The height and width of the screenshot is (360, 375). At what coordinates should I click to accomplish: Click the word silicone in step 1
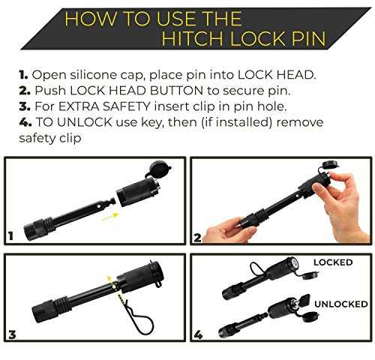click(93, 75)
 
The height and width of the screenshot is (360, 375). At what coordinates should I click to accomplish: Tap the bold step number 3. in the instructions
click(25, 106)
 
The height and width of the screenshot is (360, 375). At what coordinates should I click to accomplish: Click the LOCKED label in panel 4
click(333, 262)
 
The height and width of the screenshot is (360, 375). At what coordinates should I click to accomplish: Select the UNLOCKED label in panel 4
click(341, 304)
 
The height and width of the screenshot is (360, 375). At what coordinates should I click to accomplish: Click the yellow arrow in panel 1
click(110, 216)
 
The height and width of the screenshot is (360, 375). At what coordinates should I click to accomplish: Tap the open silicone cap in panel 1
click(158, 169)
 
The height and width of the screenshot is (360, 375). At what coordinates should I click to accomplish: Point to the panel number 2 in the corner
click(197, 238)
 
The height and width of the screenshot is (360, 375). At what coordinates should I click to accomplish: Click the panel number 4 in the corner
click(198, 334)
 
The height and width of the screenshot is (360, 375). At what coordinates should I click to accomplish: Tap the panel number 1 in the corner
click(10, 236)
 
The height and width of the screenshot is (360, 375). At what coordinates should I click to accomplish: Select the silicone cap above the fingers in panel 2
click(330, 165)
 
